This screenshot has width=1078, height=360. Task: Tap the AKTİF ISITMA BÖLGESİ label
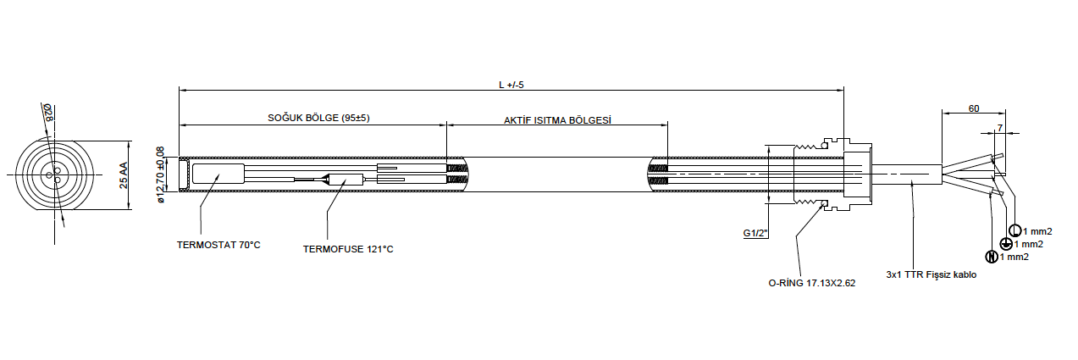(557, 120)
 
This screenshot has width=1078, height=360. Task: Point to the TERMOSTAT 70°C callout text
(218, 245)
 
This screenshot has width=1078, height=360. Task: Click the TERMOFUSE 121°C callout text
(348, 249)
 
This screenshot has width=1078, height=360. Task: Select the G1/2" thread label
(755, 233)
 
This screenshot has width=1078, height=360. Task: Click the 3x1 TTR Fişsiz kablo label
(932, 274)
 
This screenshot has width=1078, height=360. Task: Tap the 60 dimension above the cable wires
(974, 109)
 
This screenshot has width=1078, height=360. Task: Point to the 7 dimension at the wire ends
(1000, 127)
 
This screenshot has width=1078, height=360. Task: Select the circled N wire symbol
(991, 257)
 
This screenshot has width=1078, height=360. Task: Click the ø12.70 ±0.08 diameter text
(161, 175)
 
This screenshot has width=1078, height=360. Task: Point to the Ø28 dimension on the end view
(50, 114)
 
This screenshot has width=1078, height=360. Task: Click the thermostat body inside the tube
(218, 174)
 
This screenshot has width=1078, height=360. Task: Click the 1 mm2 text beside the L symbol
(1037, 231)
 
